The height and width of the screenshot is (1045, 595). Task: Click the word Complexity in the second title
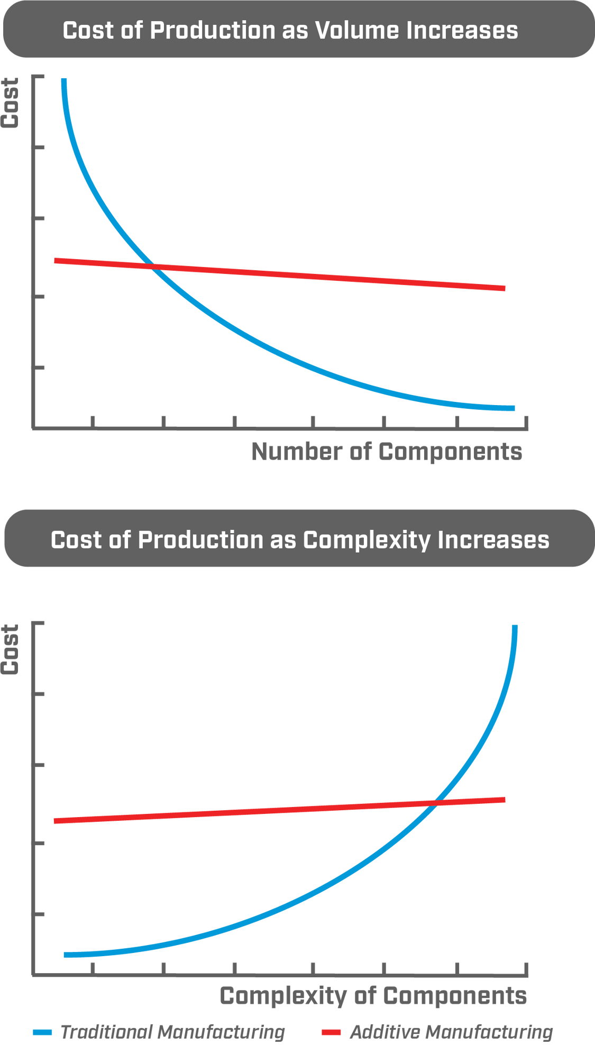367,540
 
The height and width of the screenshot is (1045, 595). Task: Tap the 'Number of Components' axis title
387,452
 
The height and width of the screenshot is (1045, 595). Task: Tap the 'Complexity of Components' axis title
373,996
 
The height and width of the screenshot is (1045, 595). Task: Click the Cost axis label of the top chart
11,103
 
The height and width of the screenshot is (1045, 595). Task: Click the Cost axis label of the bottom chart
11,649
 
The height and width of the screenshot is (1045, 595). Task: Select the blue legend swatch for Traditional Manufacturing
42,1032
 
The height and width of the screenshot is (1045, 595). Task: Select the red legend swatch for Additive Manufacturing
332,1032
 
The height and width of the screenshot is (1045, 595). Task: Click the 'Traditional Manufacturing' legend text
173,1032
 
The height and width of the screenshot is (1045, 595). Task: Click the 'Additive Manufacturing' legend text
452,1032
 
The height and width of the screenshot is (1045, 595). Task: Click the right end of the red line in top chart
505,288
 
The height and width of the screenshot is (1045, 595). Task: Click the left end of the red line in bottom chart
56,821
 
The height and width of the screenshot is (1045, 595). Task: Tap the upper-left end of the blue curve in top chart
64,80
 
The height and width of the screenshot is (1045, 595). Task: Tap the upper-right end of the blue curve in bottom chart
515,627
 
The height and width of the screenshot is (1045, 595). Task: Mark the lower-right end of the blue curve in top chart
512,408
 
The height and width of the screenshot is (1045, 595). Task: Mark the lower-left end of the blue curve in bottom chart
66,955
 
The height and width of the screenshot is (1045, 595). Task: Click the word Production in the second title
200,540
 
